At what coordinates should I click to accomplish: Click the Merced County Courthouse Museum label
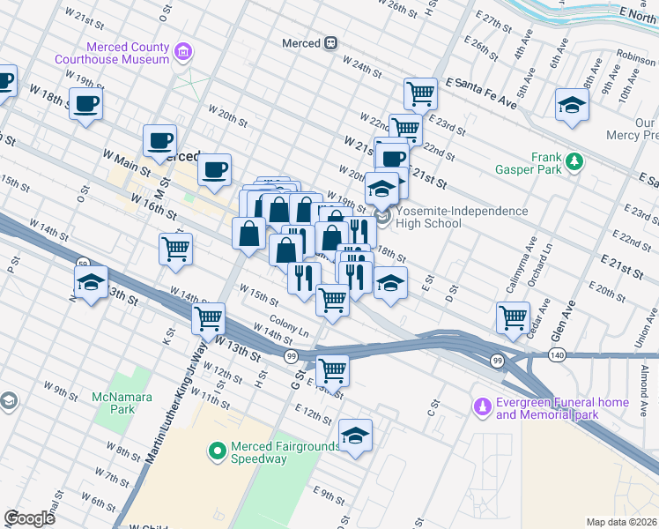(x=111, y=52)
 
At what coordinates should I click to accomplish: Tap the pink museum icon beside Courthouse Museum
(x=183, y=52)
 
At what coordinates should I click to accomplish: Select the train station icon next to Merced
(x=331, y=42)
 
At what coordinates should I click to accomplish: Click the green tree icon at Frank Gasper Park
(x=574, y=160)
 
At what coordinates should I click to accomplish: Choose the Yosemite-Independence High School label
(x=462, y=217)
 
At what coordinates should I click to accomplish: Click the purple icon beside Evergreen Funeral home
(x=481, y=407)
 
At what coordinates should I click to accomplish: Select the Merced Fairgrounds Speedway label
(x=285, y=452)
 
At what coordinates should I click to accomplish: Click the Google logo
(x=29, y=518)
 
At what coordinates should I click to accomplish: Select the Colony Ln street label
(x=289, y=327)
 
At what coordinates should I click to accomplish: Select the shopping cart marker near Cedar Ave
(x=513, y=317)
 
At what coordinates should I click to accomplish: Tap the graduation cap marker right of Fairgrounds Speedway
(x=355, y=436)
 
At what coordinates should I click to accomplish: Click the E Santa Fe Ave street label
(x=481, y=93)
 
